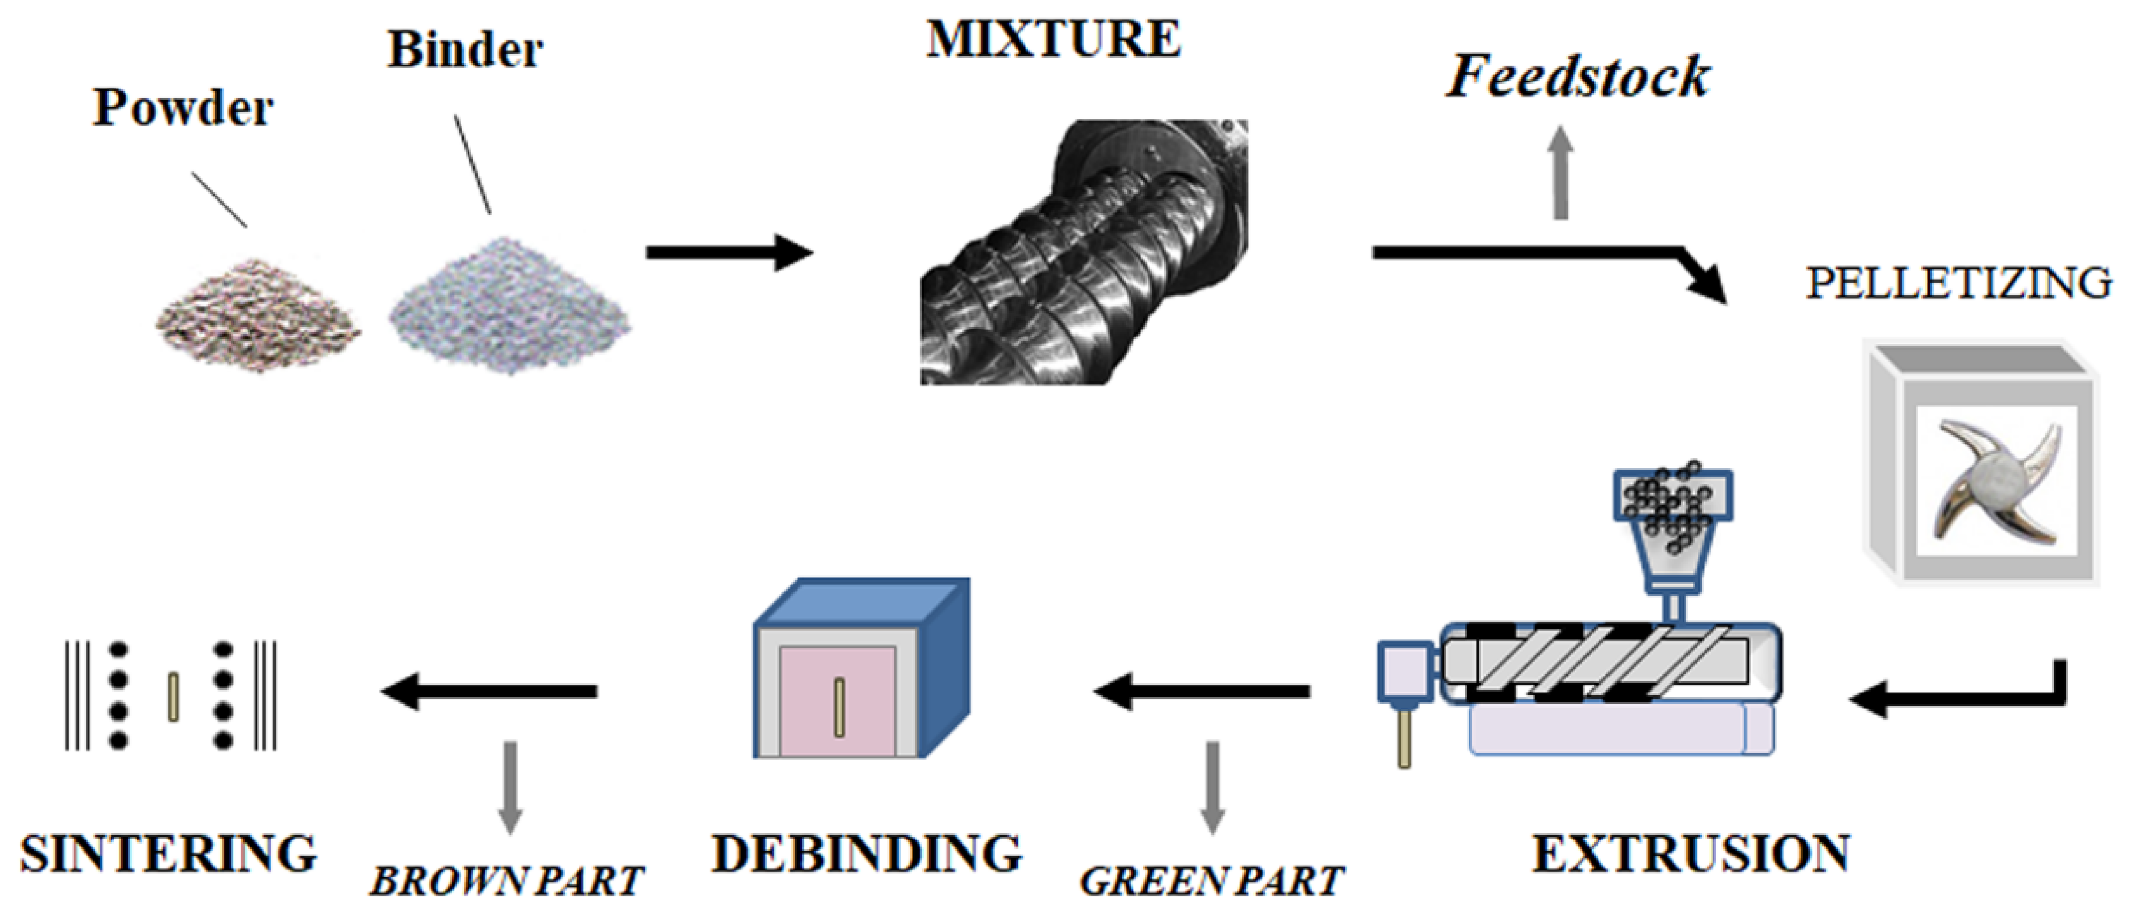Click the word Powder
click(x=183, y=108)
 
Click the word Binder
click(x=465, y=50)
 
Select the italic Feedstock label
click(x=1577, y=77)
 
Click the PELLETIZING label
click(x=1957, y=284)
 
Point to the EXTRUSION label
click(x=1691, y=854)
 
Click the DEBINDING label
click(x=867, y=854)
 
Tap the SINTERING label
click(x=169, y=854)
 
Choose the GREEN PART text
click(x=1212, y=882)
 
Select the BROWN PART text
click(x=507, y=882)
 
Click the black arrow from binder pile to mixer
click(x=728, y=252)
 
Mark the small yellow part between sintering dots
click(x=172, y=697)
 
